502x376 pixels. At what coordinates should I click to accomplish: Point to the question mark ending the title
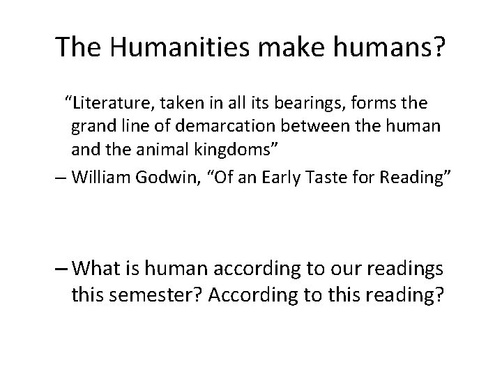click(x=436, y=47)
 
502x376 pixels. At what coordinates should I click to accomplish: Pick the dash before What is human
click(x=61, y=269)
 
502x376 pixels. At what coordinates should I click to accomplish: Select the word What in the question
click(x=97, y=268)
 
